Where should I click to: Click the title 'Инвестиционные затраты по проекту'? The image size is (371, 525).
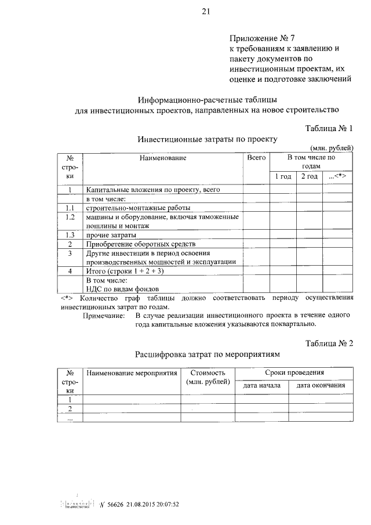click(208, 139)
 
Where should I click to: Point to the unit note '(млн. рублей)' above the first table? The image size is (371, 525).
click(331, 149)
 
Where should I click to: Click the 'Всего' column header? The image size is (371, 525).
click(256, 158)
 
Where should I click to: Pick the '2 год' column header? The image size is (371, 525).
click(309, 176)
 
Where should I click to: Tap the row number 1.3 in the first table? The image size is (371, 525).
click(70, 235)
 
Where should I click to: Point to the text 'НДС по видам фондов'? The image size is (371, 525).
click(122, 288)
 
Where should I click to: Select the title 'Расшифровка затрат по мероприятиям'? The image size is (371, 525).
click(208, 354)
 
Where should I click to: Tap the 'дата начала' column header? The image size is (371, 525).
click(262, 385)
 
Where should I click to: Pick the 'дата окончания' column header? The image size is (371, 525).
click(321, 385)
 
